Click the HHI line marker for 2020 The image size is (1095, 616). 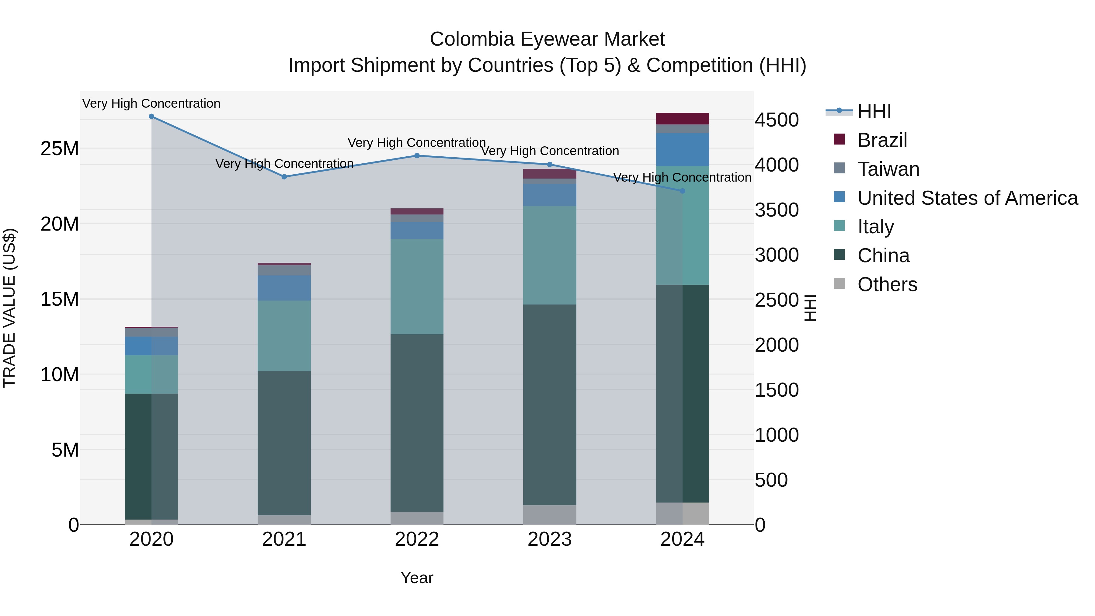pyautogui.click(x=151, y=117)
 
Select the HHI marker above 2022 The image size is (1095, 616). pyautogui.click(x=417, y=155)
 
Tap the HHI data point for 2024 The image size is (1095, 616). pyautogui.click(x=683, y=191)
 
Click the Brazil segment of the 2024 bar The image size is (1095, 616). pyautogui.click(x=683, y=119)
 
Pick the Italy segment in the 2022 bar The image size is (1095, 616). pyautogui.click(x=417, y=287)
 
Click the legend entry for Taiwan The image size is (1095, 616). pyautogui.click(x=888, y=169)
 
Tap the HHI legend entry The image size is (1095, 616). pyautogui.click(x=874, y=111)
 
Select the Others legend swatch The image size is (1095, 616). pyautogui.click(x=839, y=284)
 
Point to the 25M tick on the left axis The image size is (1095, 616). pyautogui.click(x=60, y=149)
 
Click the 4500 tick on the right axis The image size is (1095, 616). pyautogui.click(x=777, y=120)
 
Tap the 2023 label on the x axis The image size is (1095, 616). pyautogui.click(x=550, y=539)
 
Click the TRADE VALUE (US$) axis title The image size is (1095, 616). pyautogui.click(x=9, y=308)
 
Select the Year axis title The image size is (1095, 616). pyautogui.click(x=417, y=578)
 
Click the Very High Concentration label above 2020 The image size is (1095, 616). pyautogui.click(x=151, y=104)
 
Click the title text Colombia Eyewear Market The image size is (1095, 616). pyautogui.click(x=547, y=39)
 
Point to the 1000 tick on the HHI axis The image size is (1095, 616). pyautogui.click(x=777, y=435)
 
